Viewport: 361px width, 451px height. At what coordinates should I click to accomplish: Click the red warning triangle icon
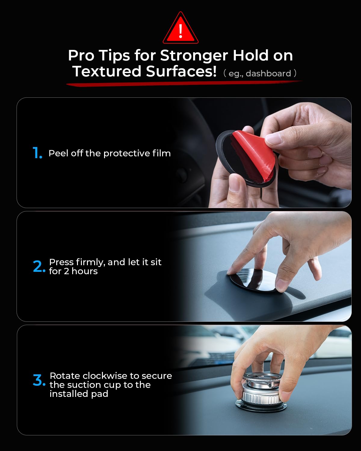click(x=180, y=28)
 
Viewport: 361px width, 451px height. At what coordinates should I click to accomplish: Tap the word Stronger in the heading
click(x=194, y=56)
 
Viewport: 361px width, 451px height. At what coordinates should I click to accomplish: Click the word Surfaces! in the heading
click(x=181, y=71)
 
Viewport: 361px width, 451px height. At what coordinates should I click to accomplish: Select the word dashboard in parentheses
click(x=268, y=73)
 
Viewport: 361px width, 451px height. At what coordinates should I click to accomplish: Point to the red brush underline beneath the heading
click(x=184, y=83)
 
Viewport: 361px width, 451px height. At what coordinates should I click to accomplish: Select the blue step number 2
click(x=39, y=266)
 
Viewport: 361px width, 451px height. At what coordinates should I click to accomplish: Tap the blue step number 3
click(x=39, y=380)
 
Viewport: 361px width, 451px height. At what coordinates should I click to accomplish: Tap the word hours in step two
click(x=85, y=271)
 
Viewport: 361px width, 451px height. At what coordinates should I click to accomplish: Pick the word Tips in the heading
click(x=114, y=56)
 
